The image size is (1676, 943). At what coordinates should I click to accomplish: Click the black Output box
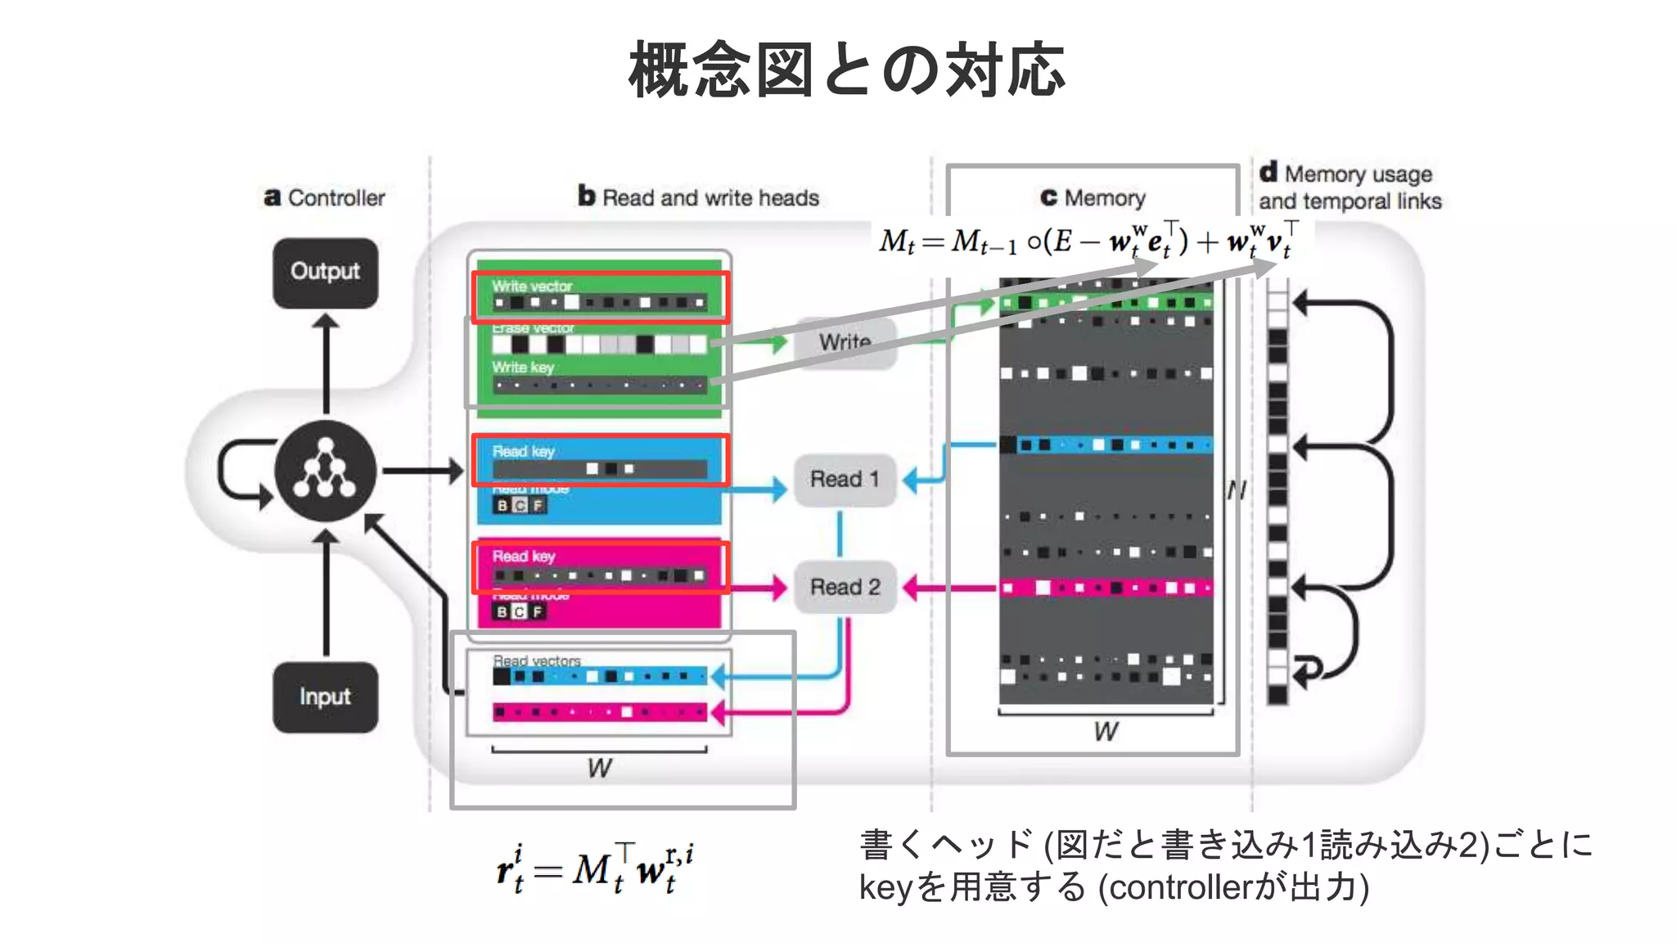point(325,273)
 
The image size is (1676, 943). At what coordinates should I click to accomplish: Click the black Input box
point(325,697)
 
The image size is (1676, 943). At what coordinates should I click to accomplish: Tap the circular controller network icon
point(326,471)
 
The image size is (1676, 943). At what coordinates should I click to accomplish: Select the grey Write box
point(845,342)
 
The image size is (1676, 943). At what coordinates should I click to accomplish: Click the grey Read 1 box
point(845,480)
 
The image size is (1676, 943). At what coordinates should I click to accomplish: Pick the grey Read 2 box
point(845,587)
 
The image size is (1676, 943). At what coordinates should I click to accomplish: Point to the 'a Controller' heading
point(325,198)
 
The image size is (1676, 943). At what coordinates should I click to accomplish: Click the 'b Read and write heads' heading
point(698,198)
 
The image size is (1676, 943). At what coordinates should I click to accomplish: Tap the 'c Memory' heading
point(1093,198)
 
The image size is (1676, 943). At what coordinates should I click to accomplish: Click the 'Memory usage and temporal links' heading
point(1350,187)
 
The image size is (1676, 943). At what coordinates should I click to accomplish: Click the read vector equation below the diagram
point(595,869)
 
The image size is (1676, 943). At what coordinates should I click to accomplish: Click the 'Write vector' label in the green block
point(532,287)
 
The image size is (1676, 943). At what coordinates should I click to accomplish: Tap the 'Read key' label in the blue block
point(524,452)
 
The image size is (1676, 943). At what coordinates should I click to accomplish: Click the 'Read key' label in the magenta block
point(524,557)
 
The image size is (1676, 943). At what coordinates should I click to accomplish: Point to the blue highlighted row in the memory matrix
point(1105,445)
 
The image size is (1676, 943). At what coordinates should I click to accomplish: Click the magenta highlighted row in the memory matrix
point(1105,588)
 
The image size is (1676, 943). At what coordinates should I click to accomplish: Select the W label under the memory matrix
point(1105,732)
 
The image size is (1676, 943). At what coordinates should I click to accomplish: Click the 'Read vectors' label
point(537,661)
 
